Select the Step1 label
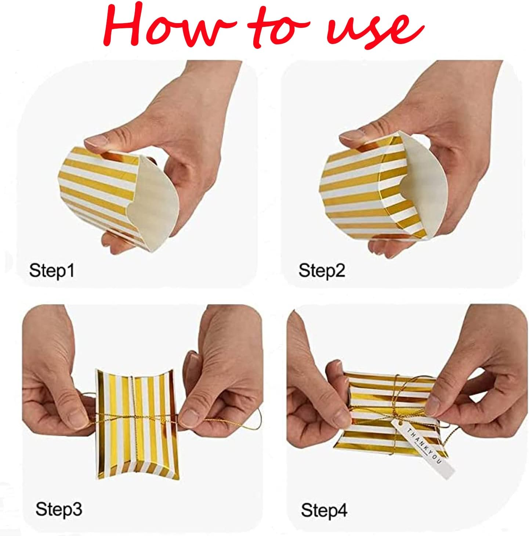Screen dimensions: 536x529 click(52, 271)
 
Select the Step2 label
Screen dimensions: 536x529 click(322, 271)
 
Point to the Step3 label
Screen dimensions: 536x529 click(59, 509)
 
